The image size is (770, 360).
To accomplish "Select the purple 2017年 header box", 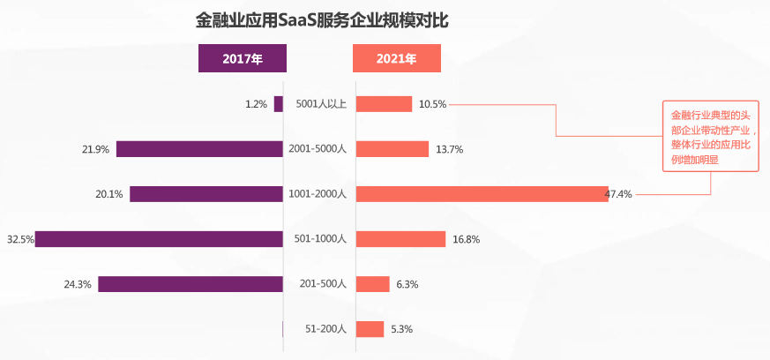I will click(x=242, y=59).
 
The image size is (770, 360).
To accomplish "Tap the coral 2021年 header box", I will click(x=396, y=59).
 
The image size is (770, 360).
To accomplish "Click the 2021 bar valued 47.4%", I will click(x=482, y=194).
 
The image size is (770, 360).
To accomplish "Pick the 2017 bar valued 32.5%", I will click(x=159, y=239).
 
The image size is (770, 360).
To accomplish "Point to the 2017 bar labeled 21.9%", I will click(x=199, y=149).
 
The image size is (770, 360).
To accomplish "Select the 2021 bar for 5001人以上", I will click(x=384, y=104).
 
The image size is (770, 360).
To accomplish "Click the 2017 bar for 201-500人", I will click(x=191, y=284).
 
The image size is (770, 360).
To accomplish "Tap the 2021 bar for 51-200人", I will click(x=370, y=329).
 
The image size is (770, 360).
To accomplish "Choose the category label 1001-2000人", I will click(x=319, y=194).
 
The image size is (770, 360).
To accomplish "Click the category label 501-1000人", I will click(x=320, y=239).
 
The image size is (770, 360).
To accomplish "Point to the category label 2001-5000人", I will click(x=319, y=149).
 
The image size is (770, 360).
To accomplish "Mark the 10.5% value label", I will click(x=432, y=104).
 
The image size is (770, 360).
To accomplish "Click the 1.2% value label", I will click(x=256, y=104).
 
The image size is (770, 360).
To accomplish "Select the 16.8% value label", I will click(x=467, y=239).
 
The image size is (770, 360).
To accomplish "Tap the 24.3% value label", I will click(x=78, y=284).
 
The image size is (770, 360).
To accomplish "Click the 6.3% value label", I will click(x=407, y=284).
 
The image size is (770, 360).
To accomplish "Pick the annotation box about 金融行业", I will click(x=710, y=137).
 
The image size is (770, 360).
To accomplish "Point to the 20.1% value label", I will click(x=109, y=194).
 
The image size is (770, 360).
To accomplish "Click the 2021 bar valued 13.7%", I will click(x=392, y=149).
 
